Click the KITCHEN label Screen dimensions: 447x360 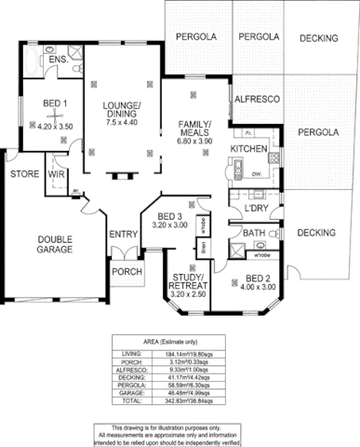point(249,149)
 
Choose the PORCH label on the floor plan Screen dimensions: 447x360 point(124,272)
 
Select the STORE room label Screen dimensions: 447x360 point(24,174)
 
